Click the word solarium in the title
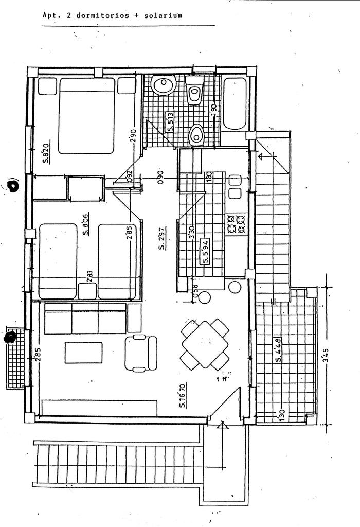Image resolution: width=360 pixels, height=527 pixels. pyautogui.click(x=163, y=15)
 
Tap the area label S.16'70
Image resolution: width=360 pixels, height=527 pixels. pyautogui.click(x=183, y=395)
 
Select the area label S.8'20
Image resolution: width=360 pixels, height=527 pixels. pyautogui.click(x=46, y=153)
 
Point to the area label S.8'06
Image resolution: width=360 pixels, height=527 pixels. pyautogui.click(x=86, y=224)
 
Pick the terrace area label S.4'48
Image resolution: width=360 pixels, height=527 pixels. pyautogui.click(x=278, y=349)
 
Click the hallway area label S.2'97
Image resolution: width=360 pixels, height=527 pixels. pyautogui.click(x=161, y=239)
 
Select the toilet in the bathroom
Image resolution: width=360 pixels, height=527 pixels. pyautogui.click(x=194, y=92)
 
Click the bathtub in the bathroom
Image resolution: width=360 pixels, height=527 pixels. pyautogui.click(x=235, y=103)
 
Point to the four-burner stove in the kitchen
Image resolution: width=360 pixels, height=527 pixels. pyautogui.click(x=236, y=223)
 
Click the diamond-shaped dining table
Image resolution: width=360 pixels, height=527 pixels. pyautogui.click(x=205, y=344)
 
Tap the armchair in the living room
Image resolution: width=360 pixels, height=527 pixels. pyautogui.click(x=140, y=353)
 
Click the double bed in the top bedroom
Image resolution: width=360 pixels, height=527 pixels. pyautogui.click(x=86, y=115)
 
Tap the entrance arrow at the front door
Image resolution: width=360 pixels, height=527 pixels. pyautogui.click(x=222, y=425)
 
